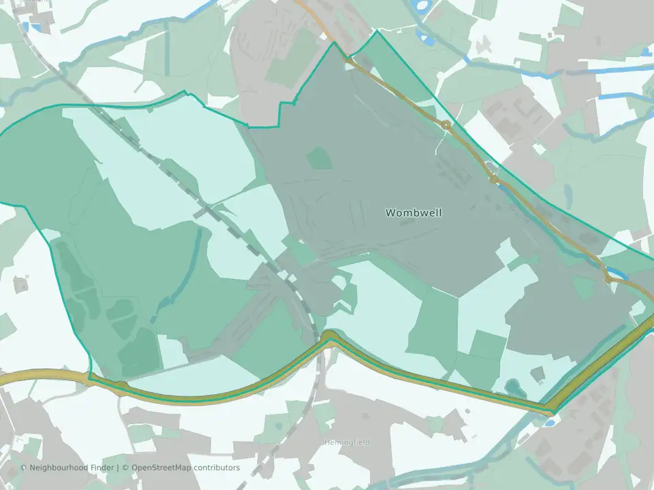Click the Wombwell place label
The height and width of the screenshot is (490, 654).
coord(414,213)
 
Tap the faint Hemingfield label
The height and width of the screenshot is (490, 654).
coord(347,442)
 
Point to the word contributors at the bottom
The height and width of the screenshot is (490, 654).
coord(217,468)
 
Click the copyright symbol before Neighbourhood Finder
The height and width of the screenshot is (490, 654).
coord(24,468)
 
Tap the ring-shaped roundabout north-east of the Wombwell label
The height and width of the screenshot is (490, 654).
coord(446,125)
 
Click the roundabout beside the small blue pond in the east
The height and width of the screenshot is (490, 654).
coord(608,278)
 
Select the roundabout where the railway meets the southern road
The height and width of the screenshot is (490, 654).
coord(329,336)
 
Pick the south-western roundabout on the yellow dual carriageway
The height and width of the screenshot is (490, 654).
coord(121,387)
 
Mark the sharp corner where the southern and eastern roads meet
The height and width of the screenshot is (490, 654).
coord(550,411)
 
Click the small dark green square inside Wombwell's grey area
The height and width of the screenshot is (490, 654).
coord(318,159)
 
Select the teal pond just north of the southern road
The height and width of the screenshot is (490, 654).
coord(512,387)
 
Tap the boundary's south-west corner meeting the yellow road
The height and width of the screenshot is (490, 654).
coord(90,375)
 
